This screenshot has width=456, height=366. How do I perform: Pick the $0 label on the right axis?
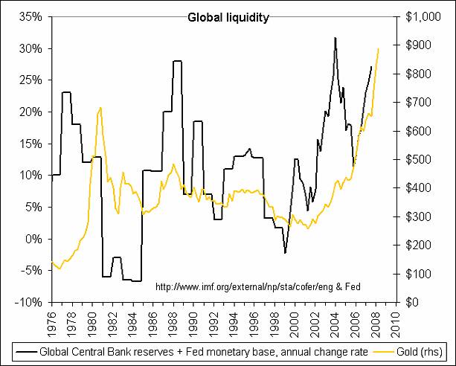coord(411,303)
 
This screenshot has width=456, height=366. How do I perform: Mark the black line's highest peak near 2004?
coord(335,37)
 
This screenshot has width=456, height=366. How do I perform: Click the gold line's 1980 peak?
coord(100,108)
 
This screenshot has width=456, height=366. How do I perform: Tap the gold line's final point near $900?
coord(379,48)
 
